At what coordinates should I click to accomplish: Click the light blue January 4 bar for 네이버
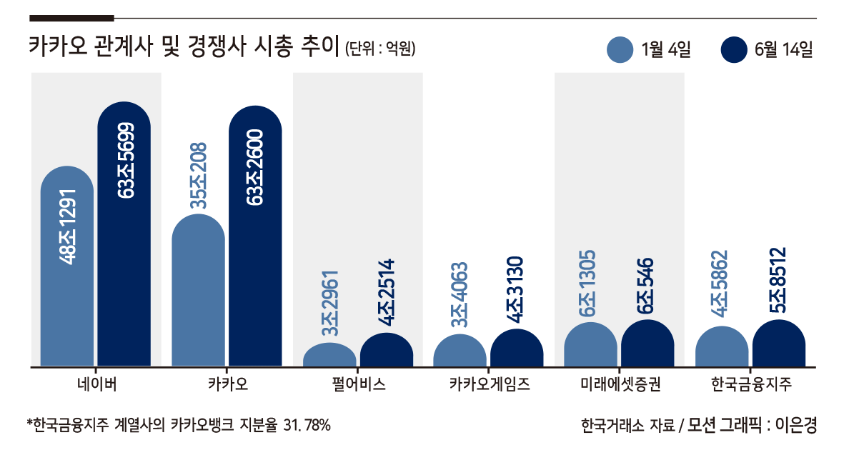tap(67, 266)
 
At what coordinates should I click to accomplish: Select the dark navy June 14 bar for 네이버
tap(124, 234)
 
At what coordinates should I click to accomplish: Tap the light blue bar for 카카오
tap(198, 290)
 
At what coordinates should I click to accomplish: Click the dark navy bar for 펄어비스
tap(387, 350)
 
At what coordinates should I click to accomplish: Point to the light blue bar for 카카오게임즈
tap(460, 351)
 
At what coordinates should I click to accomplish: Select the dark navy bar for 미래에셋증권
tap(647, 344)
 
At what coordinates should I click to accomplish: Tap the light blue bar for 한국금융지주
tap(722, 346)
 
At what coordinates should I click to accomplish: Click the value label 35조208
tap(199, 176)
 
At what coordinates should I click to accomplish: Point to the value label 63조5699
tap(125, 161)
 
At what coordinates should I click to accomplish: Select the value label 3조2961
tap(330, 303)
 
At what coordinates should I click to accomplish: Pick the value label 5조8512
tap(778, 280)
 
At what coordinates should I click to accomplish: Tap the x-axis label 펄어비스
tap(359, 384)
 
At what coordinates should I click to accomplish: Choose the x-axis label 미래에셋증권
tap(620, 384)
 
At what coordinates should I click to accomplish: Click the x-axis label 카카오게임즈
tap(490, 384)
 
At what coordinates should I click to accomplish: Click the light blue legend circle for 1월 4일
tap(620, 49)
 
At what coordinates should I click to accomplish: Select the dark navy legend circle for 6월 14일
tap(734, 49)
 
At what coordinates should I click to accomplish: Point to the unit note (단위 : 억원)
tap(380, 49)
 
